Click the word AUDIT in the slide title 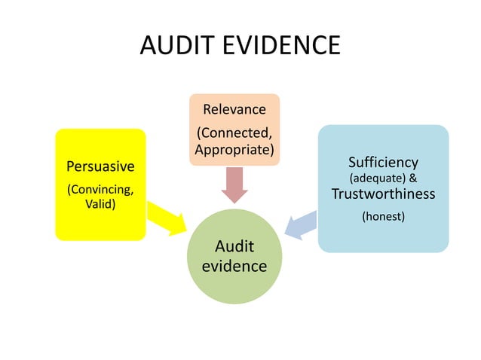click(x=178, y=47)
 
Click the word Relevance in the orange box click(x=234, y=109)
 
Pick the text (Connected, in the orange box click(x=234, y=133)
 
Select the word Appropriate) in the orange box click(x=234, y=149)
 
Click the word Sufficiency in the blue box click(x=383, y=162)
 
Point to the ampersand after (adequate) click(x=413, y=178)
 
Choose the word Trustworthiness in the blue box click(x=383, y=194)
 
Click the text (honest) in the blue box click(x=383, y=217)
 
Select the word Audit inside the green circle click(x=234, y=246)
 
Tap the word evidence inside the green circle click(x=234, y=266)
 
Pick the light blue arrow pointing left click(x=301, y=224)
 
